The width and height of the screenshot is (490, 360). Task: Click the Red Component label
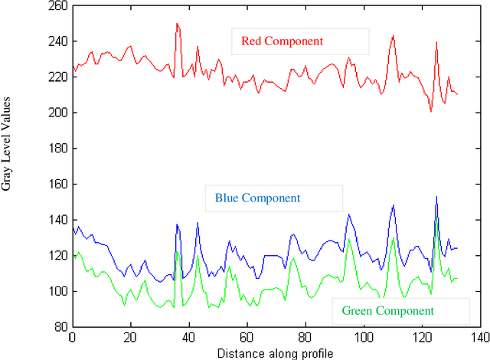(281, 41)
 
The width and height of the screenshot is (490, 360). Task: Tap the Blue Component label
(256, 198)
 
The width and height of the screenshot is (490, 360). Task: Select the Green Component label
(387, 310)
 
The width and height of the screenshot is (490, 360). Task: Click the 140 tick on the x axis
(479, 337)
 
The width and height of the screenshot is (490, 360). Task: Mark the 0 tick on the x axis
(72, 337)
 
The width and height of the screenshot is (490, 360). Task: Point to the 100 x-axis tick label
(364, 337)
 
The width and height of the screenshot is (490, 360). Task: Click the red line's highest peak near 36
(177, 23)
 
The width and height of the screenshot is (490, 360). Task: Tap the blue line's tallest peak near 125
(436, 197)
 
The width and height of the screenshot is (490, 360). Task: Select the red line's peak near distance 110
(393, 35)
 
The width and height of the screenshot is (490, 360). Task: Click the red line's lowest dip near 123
(430, 111)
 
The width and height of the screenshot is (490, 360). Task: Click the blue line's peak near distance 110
(393, 205)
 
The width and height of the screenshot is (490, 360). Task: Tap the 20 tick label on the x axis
(130, 337)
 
